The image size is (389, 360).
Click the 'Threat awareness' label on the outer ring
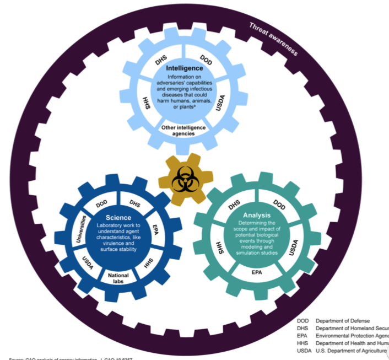click(273, 39)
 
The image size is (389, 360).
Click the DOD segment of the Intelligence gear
click(204, 60)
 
